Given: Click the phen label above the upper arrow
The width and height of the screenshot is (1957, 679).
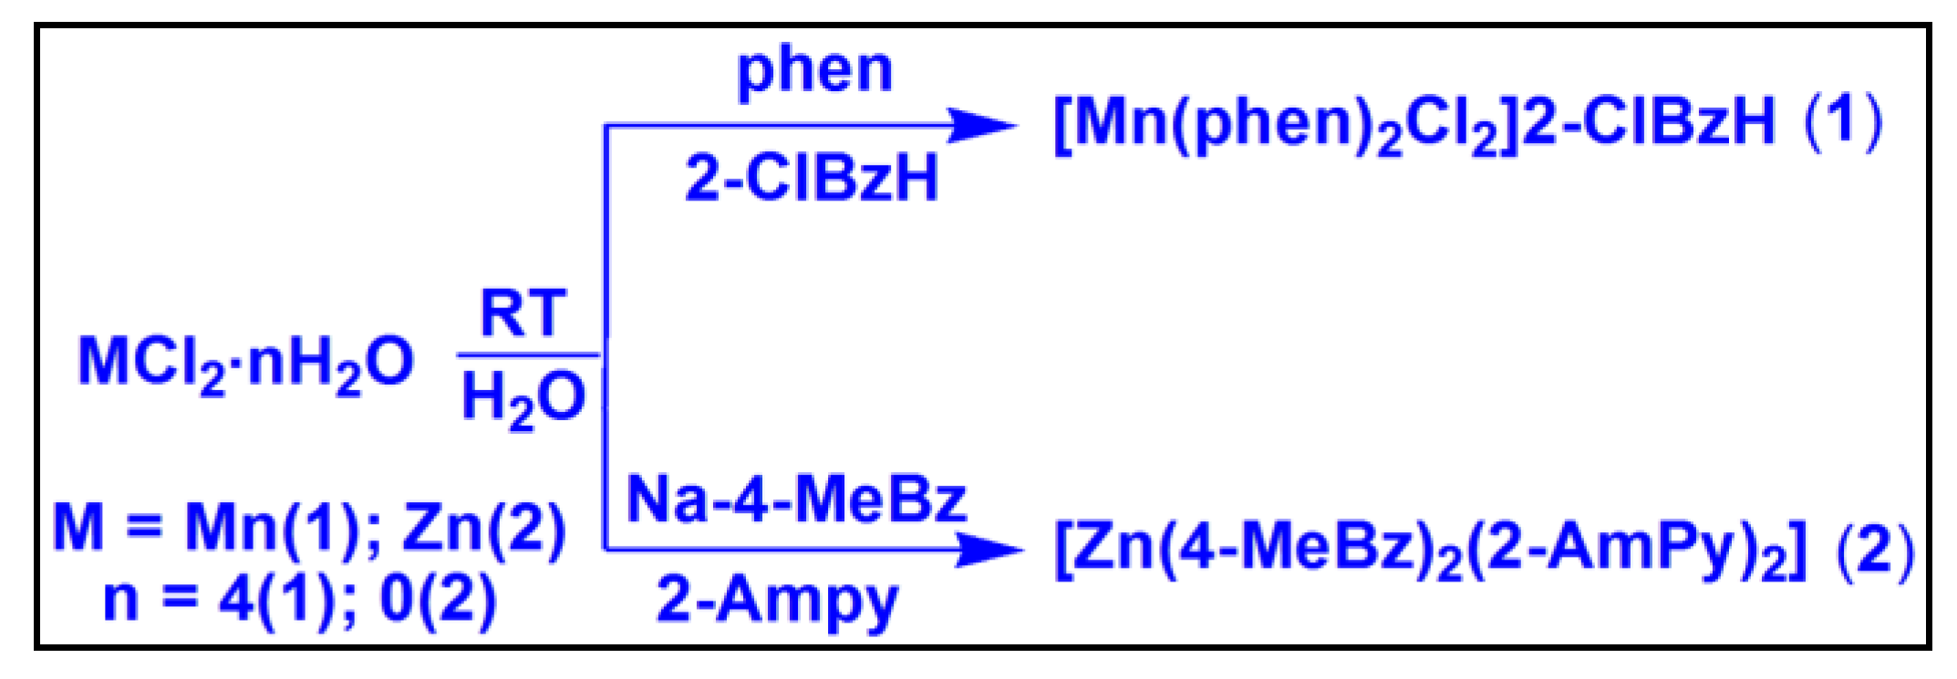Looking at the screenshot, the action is [x=814, y=71].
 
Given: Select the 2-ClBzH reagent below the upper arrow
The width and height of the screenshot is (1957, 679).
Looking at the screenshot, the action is [x=812, y=177].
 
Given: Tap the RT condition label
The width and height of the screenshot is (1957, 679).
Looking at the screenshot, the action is [x=523, y=314].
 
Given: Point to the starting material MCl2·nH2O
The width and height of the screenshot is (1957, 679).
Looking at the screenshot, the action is [x=245, y=363].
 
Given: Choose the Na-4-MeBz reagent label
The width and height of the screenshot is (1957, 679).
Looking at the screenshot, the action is [x=796, y=499].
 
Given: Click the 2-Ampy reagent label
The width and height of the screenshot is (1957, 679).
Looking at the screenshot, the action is [x=777, y=602].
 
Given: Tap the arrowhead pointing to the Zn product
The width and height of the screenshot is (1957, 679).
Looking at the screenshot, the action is [x=989, y=549].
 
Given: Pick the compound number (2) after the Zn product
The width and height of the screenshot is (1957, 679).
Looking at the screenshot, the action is [x=1875, y=550].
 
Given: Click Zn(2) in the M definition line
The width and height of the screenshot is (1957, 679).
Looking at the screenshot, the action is [x=483, y=529].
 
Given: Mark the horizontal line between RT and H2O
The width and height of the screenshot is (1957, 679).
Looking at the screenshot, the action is [x=527, y=355].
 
